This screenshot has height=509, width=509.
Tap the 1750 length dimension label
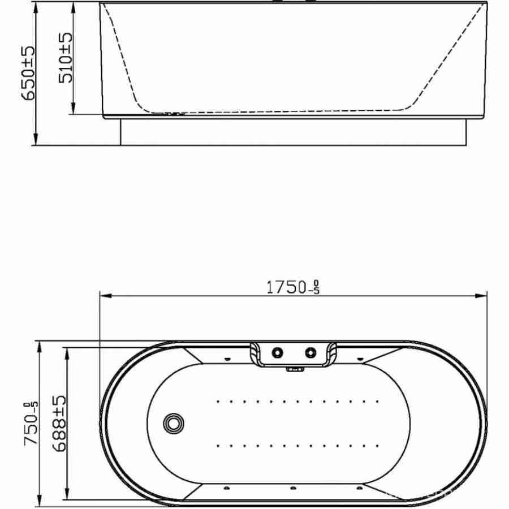click(293, 287)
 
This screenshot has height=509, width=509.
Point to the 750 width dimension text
click(31, 423)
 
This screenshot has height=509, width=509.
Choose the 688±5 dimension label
click(59, 423)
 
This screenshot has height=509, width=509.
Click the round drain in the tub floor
click(174, 422)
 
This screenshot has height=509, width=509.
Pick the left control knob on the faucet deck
click(277, 352)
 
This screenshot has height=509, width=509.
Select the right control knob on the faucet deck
click(310, 352)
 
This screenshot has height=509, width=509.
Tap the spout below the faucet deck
click(295, 369)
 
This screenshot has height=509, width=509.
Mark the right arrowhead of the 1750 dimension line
click(481, 296)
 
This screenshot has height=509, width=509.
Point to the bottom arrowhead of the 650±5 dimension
click(36, 139)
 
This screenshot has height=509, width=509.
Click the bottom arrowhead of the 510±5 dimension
click(73, 108)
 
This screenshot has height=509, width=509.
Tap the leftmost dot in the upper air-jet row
click(218, 402)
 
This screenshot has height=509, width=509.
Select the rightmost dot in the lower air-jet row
click(377, 446)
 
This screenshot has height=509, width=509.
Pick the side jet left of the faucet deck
click(227, 359)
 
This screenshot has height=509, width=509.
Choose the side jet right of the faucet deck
click(360, 359)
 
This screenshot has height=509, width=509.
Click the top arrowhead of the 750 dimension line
click(39, 347)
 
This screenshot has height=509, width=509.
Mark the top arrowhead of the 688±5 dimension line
click(67, 353)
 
